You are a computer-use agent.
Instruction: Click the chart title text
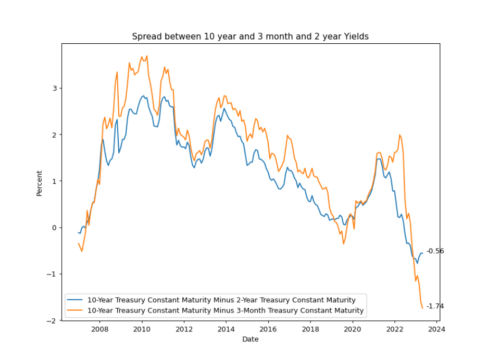pyautogui.click(x=250, y=36)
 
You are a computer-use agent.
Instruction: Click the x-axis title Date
pyautogui.click(x=250, y=339)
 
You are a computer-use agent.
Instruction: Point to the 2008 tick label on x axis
pyautogui.click(x=100, y=329)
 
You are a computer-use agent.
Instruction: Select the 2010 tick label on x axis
pyautogui.click(x=142, y=329)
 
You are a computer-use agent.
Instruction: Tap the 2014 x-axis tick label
pyautogui.click(x=226, y=329)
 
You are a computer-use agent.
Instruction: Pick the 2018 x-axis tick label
pyautogui.click(x=311, y=329)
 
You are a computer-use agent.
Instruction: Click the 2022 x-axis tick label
pyautogui.click(x=395, y=329)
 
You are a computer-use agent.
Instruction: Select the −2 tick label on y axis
pyautogui.click(x=52, y=320)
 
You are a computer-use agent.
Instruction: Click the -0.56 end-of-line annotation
pyautogui.click(x=435, y=251)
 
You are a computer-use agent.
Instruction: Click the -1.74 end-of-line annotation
pyautogui.click(x=435, y=306)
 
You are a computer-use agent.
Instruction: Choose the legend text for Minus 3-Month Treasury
pyautogui.click(x=226, y=310)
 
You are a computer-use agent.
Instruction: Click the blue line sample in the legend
pyautogui.click(x=76, y=300)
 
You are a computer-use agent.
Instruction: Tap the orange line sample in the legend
pyautogui.click(x=76, y=310)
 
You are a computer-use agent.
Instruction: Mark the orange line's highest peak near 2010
pyautogui.click(x=146, y=56)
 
